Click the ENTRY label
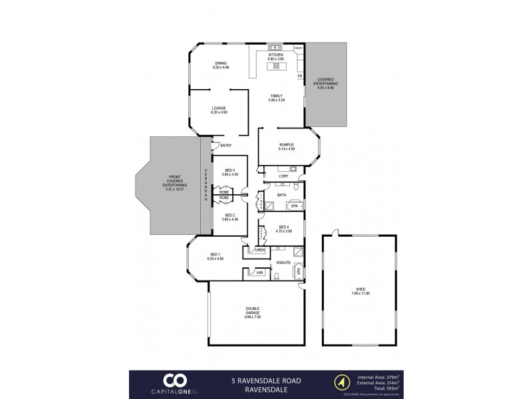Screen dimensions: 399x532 [x=225, y=146]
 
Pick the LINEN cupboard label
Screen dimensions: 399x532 [x=259, y=249]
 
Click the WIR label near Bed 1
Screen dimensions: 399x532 [x=253, y=272]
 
